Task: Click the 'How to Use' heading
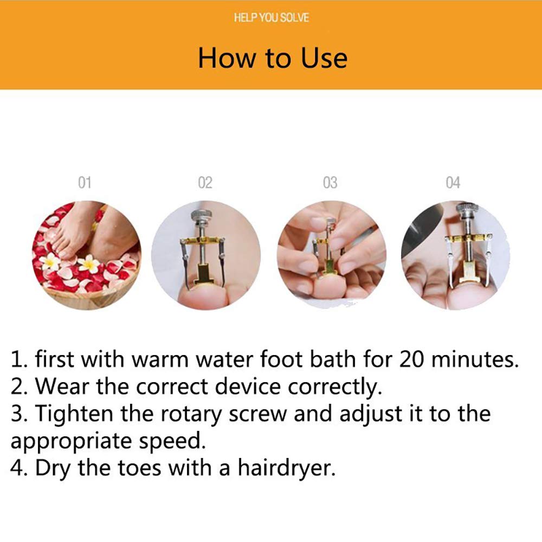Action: (272, 58)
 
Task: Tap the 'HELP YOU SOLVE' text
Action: (272, 18)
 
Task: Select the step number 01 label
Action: (85, 183)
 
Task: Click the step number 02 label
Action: (205, 183)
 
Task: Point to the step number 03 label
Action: (330, 183)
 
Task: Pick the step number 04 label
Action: (453, 183)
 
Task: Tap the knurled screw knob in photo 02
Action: (201, 216)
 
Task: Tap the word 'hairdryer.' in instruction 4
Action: (289, 468)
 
